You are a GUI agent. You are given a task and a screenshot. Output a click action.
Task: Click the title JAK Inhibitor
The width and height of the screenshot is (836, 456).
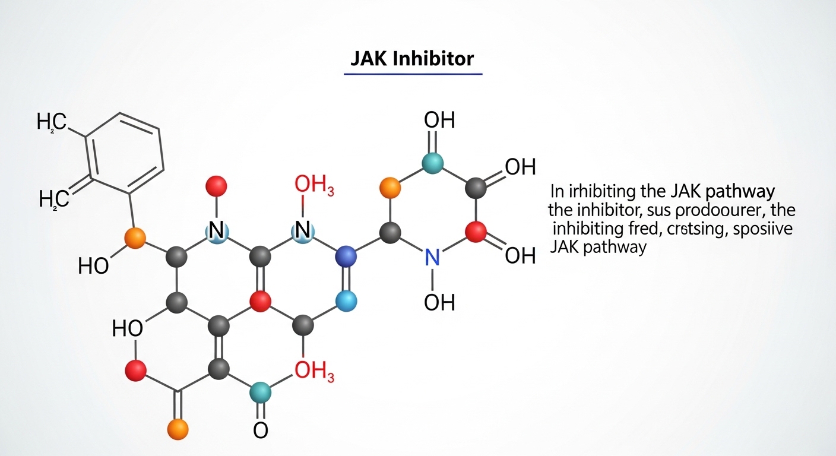[413, 59]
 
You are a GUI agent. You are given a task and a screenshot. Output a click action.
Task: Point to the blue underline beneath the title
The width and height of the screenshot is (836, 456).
[413, 74]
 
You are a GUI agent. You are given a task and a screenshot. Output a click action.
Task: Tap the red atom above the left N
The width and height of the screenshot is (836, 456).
[216, 186]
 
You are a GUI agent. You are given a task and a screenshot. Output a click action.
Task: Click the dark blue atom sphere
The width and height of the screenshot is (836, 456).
[346, 256]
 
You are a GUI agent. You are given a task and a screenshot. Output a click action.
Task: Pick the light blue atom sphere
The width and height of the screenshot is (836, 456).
[346, 302]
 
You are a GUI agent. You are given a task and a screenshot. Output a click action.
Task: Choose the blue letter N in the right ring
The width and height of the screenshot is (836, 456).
[432, 256]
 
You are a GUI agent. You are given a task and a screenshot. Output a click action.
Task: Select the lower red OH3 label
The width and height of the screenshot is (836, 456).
[314, 372]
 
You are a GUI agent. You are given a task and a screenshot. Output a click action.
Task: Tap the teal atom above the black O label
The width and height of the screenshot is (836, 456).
[259, 392]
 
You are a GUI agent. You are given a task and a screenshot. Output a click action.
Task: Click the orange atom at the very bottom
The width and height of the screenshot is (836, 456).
[178, 428]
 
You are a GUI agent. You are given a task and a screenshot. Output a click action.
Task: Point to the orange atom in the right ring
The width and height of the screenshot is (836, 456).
[389, 188]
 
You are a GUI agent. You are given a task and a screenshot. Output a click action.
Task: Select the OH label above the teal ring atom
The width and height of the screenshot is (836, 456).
[439, 120]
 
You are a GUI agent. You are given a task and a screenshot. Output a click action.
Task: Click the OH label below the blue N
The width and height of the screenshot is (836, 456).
[439, 302]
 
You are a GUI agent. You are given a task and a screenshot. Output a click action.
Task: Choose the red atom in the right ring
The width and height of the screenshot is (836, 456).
[475, 232]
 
